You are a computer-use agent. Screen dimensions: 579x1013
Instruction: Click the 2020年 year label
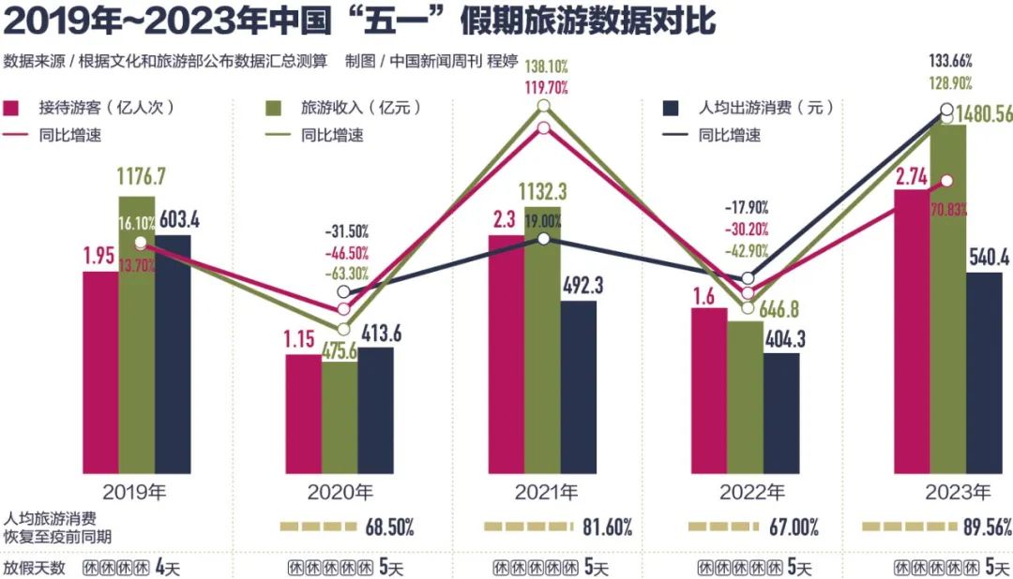point(340,491)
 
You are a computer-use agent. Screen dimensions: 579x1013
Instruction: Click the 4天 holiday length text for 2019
point(166,568)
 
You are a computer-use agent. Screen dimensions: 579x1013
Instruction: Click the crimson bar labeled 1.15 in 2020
point(303,411)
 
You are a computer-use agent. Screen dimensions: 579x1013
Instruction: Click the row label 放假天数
point(34,568)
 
